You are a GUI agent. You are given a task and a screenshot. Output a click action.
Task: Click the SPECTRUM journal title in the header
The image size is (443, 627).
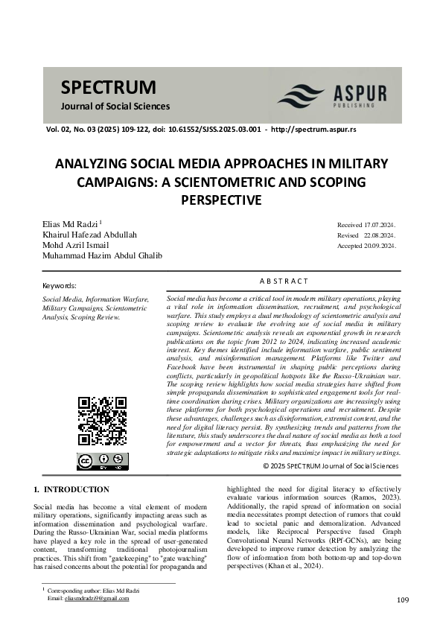[x=109, y=86]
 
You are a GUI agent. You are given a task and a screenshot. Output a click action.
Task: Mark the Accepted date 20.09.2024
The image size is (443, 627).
[x=380, y=246]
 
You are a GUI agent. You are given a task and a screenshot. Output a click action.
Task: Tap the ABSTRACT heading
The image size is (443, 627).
[x=283, y=281]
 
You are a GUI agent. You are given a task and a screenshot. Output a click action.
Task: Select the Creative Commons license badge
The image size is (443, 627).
[x=103, y=461]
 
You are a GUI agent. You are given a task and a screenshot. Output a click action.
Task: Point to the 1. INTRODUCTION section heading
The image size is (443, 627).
[x=71, y=489]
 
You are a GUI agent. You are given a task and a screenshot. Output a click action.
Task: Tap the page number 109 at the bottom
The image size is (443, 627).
[x=403, y=600]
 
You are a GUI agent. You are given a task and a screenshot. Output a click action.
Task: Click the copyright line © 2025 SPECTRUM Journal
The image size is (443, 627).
[x=331, y=466]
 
